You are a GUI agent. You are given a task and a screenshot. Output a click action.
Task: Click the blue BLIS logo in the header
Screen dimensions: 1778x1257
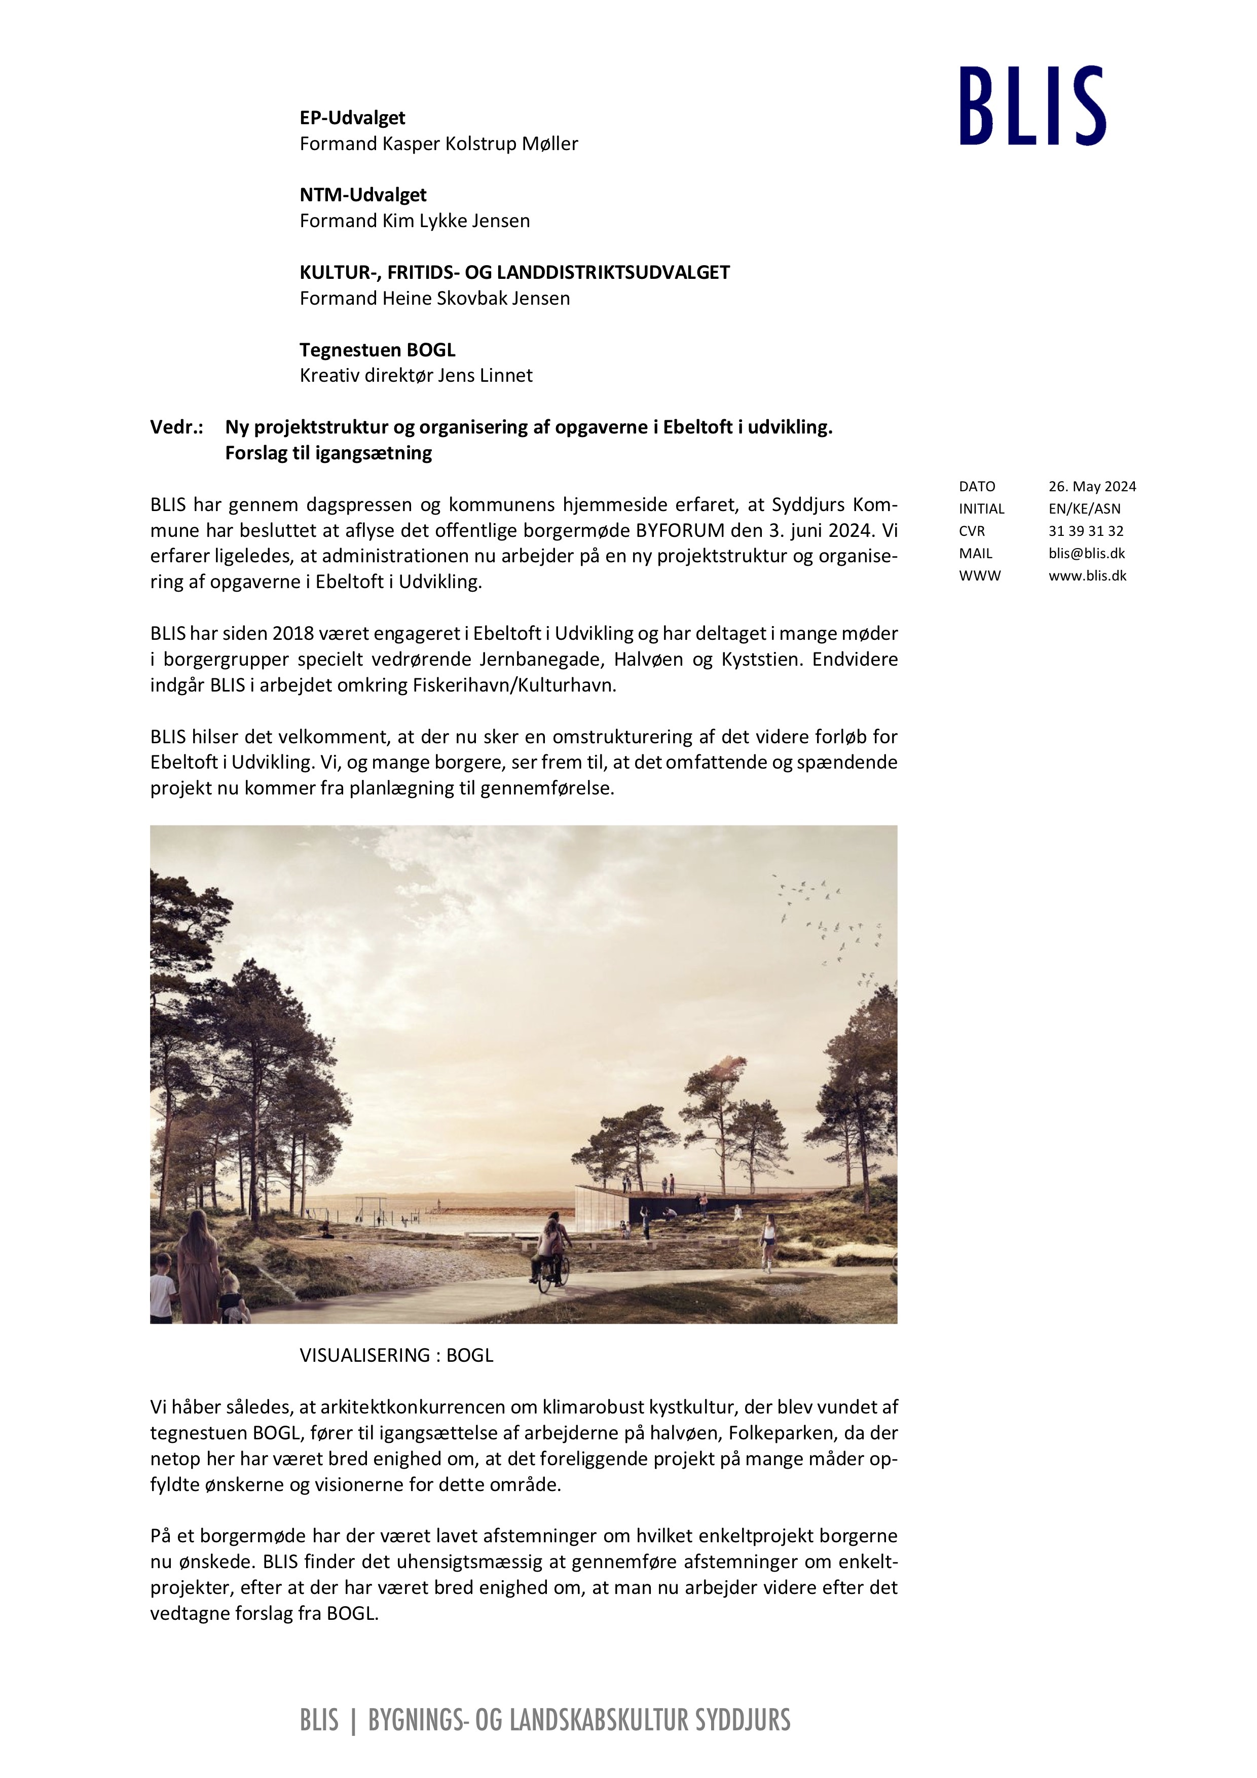(1032, 105)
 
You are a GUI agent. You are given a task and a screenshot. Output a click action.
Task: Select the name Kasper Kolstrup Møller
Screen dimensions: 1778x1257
(480, 144)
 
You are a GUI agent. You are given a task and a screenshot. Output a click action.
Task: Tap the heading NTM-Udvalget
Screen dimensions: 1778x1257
(363, 195)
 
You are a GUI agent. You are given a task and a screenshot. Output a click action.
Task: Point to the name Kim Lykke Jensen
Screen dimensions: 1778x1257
(456, 222)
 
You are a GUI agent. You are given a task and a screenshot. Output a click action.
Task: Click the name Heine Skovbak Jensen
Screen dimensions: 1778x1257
(476, 299)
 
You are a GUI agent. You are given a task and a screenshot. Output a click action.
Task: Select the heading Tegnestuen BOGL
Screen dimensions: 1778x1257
(378, 350)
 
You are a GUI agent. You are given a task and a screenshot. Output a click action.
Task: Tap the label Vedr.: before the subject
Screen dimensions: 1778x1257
(176, 427)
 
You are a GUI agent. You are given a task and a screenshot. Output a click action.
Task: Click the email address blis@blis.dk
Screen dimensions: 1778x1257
(1087, 554)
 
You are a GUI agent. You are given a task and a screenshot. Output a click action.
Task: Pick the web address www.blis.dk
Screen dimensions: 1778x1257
(1088, 576)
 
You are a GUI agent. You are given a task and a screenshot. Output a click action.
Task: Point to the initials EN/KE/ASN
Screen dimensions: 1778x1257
(1084, 509)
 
